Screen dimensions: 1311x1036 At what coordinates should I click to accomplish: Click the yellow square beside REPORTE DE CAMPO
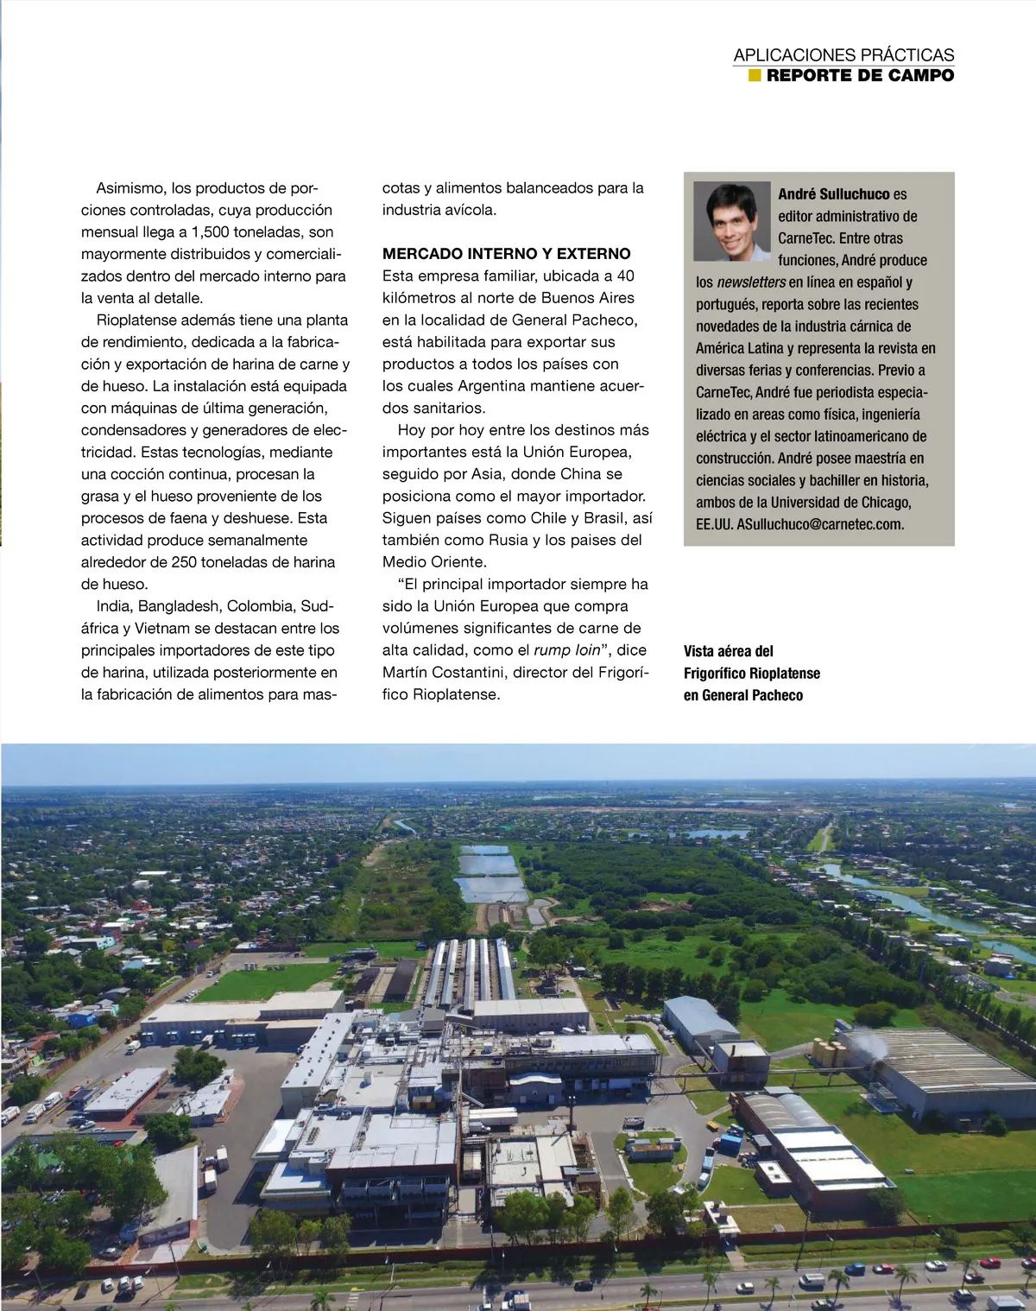(x=755, y=75)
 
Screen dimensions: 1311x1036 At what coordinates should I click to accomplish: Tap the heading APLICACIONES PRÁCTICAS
(x=843, y=55)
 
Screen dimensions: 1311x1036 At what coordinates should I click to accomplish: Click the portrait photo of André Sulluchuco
(x=731, y=220)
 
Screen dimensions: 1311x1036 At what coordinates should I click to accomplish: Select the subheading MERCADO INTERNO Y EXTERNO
(x=506, y=254)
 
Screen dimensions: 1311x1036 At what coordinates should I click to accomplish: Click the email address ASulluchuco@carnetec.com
(x=820, y=524)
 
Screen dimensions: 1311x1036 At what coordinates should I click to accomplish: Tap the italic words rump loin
(x=566, y=650)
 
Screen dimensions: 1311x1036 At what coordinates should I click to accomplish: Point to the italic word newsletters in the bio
(x=751, y=282)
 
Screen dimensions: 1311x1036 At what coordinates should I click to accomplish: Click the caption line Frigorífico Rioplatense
(x=751, y=674)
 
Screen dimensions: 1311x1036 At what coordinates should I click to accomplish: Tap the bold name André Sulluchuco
(x=834, y=194)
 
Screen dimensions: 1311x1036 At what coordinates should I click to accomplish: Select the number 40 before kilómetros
(x=625, y=275)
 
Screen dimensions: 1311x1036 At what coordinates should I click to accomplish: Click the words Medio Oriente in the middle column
(x=434, y=562)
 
